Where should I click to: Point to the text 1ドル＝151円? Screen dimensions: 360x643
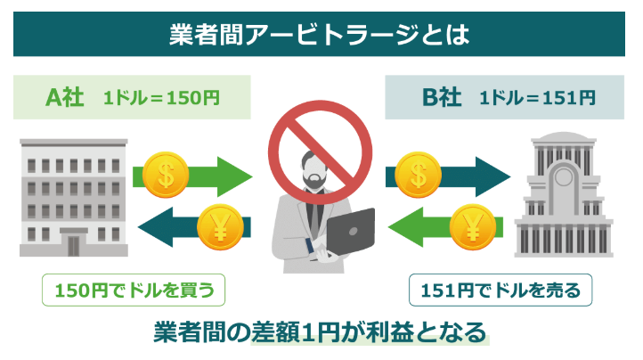pyautogui.click(x=538, y=97)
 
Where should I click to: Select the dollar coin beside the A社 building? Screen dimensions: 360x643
pyautogui.click(x=166, y=171)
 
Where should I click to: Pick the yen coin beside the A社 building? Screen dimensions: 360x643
pyautogui.click(x=214, y=226)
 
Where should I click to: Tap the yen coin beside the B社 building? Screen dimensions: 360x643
pyautogui.click(x=469, y=226)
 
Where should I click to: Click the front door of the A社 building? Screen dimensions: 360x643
pyautogui.click(x=74, y=242)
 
